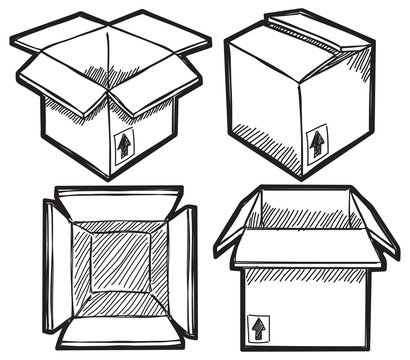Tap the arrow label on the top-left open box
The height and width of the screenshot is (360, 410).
click(124, 146)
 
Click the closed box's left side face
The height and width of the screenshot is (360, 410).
click(262, 110)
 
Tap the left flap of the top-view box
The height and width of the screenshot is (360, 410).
click(56, 264)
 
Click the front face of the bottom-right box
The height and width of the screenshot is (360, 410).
click(310, 305)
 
